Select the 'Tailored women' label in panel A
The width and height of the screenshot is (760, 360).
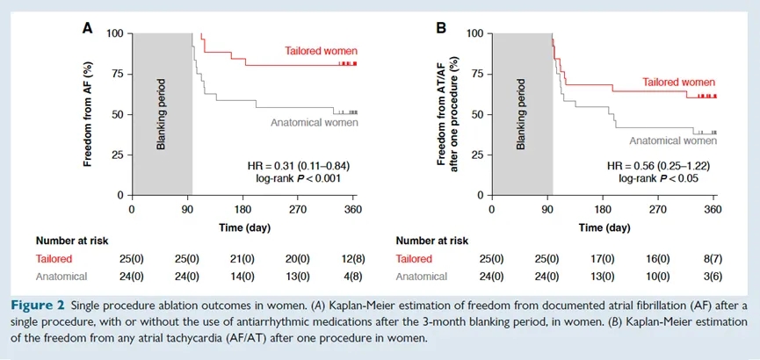[x=321, y=50]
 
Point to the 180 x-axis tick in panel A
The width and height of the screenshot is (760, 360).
[x=243, y=211]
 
